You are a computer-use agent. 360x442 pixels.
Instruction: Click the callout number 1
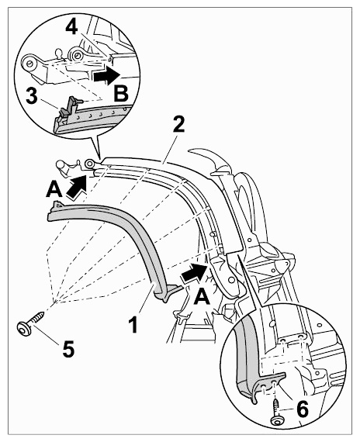point(133,324)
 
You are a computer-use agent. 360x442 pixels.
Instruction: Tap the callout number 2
point(178,124)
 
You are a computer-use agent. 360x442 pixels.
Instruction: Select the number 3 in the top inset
point(31,95)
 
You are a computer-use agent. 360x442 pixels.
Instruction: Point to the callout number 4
point(71,27)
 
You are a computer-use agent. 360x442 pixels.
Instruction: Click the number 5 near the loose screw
point(68,348)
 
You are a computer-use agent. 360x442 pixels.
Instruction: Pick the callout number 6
point(303,409)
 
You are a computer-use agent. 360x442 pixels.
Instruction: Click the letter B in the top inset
point(121,93)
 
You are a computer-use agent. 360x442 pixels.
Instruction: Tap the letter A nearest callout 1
point(202,298)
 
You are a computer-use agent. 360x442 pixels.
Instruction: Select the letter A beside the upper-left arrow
point(54,189)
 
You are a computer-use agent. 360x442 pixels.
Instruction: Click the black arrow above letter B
point(107,75)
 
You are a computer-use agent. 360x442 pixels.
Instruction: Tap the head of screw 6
point(277,421)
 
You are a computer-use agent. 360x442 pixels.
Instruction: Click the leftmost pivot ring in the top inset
point(29,63)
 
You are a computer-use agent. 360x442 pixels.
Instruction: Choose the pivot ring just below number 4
point(76,56)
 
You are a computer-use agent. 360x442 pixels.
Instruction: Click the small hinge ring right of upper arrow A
point(90,163)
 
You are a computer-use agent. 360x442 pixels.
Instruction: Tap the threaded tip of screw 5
point(43,313)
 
